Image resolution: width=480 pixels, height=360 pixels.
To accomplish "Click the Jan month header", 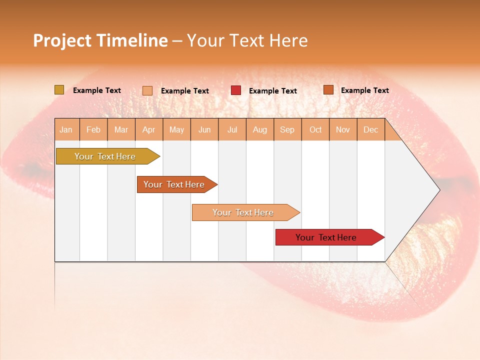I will [66, 130].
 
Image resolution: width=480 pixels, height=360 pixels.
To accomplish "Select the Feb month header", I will [93, 130].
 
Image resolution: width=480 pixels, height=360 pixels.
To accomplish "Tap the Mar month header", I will [121, 130].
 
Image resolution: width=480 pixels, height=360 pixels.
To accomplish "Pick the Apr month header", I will [149, 130].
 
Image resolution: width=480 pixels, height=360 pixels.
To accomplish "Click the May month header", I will [176, 130].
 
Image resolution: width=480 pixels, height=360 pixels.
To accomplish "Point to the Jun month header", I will [204, 130].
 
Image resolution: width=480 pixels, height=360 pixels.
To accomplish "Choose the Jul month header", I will [232, 130].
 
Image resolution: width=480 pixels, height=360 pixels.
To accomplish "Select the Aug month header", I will [260, 130].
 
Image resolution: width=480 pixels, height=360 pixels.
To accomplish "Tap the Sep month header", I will [287, 130].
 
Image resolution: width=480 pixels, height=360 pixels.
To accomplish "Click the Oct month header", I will [315, 130].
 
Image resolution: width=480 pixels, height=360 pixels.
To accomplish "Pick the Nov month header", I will [343, 130].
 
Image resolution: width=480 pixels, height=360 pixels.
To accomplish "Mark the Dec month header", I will [371, 130].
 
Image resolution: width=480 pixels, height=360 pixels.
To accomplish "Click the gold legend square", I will [59, 90].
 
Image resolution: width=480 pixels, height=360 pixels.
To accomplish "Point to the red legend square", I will [236, 90].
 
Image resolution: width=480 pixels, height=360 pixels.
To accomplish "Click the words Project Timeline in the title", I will [100, 40].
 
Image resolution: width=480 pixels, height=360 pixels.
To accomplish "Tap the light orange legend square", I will [147, 90].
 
